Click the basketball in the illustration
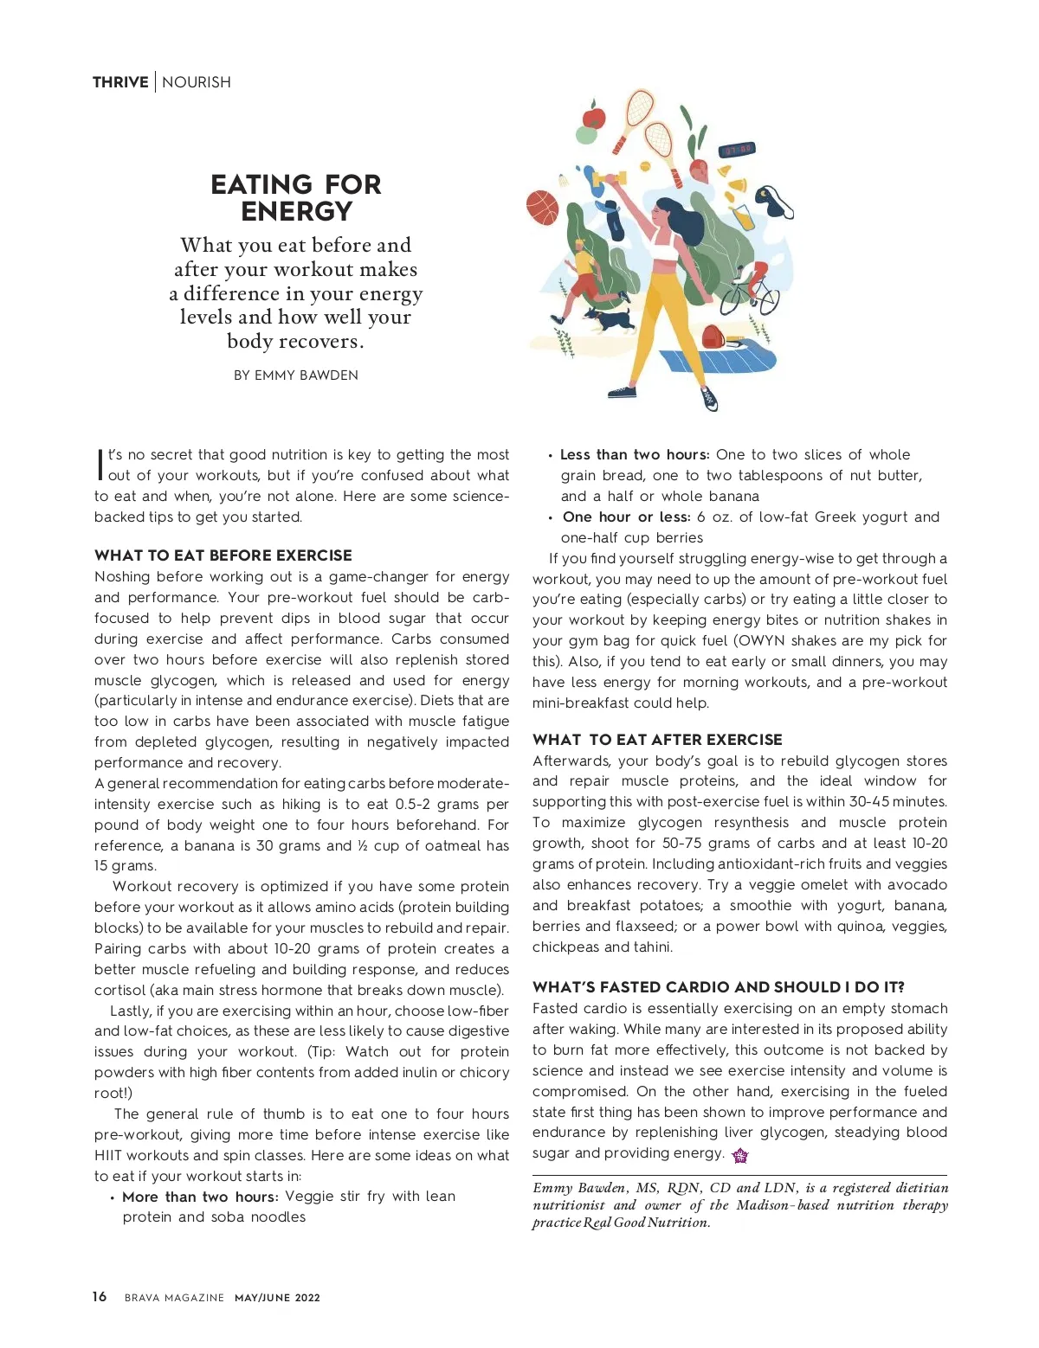point(542,207)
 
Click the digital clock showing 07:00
point(737,150)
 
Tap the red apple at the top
point(594,116)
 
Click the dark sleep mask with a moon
point(775,201)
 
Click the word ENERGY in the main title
point(296,212)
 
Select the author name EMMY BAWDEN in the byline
point(306,376)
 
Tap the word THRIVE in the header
point(120,82)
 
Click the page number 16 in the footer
point(100,1296)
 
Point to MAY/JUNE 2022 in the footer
point(277,1298)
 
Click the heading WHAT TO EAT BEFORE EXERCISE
point(223,555)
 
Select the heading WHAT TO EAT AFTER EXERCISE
point(657,740)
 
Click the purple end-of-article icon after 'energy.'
point(739,1155)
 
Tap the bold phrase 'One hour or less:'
point(626,517)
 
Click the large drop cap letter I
point(100,464)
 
